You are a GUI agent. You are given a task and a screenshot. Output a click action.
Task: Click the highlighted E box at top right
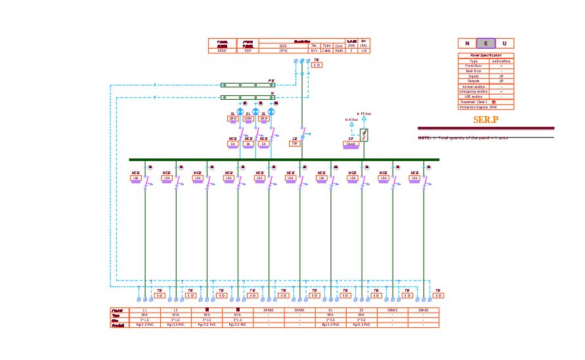[486, 43]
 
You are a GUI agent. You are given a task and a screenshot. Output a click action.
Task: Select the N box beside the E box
[467, 43]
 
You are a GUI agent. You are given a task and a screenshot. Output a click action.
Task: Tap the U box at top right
[504, 43]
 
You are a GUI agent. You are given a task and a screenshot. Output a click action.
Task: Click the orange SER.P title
[486, 120]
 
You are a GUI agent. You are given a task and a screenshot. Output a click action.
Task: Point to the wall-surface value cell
[502, 61]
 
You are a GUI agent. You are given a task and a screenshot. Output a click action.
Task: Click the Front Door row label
[473, 66]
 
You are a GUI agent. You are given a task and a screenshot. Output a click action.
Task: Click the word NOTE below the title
[424, 138]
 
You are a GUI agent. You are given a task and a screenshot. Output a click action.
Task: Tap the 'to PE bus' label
[364, 114]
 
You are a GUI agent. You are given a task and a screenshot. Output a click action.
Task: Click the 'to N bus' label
[351, 120]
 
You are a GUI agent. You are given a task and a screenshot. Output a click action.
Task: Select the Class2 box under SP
[351, 144]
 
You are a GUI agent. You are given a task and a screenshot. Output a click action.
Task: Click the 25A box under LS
[295, 143]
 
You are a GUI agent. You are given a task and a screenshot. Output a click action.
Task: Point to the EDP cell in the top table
[248, 50]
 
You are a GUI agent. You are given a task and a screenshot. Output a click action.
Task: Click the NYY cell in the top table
[314, 50]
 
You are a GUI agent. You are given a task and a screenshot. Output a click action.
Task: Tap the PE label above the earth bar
[271, 81]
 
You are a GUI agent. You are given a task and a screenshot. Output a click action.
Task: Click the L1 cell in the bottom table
[144, 310]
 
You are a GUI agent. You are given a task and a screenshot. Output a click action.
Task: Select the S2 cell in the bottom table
[361, 310]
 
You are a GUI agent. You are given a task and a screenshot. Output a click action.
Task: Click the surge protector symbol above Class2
[364, 135]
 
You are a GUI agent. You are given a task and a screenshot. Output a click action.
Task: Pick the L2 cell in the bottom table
[175, 310]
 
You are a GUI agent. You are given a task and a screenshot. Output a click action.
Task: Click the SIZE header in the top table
[284, 45]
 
